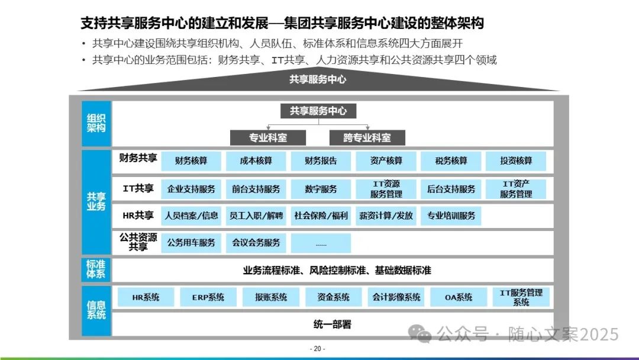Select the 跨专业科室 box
pos(367,137)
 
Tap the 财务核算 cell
pos(191,161)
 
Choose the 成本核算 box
pos(256,161)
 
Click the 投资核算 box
pos(515,161)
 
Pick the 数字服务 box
pos(321,189)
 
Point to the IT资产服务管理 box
pos(515,189)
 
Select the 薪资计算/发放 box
pos(386,216)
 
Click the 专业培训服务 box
pos(451,216)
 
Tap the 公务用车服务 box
pos(191,243)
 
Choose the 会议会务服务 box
pos(256,243)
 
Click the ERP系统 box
pos(208,297)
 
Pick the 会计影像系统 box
pos(396,297)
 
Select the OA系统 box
pos(459,297)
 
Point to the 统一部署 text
pos(332,324)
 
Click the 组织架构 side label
pos(96,123)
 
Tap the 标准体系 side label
pos(96,269)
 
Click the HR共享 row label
pos(138,216)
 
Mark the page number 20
pos(318,349)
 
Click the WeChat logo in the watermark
pos(424,335)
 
